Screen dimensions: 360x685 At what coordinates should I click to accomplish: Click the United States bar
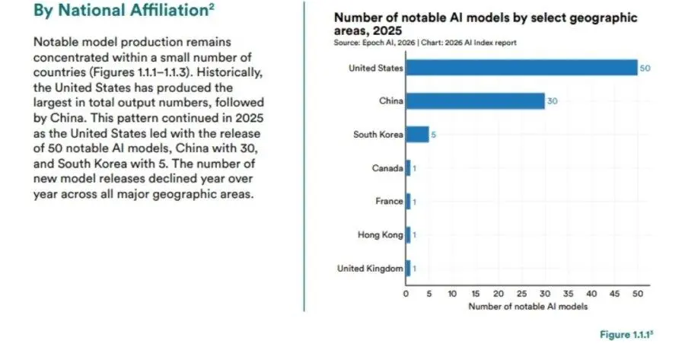pyautogui.click(x=521, y=68)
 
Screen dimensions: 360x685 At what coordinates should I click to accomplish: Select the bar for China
pyautogui.click(x=475, y=101)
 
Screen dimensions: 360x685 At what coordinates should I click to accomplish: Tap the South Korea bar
pyautogui.click(x=417, y=135)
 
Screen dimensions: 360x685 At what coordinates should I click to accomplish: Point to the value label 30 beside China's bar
pyautogui.click(x=553, y=101)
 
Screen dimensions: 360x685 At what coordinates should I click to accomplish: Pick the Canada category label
pyautogui.click(x=387, y=168)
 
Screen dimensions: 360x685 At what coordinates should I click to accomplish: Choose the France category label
pyautogui.click(x=388, y=202)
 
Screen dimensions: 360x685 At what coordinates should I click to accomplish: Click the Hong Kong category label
pyautogui.click(x=381, y=235)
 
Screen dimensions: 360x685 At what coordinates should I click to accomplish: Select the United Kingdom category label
pyautogui.click(x=371, y=269)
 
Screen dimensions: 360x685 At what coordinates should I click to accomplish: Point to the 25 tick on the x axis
pyautogui.click(x=522, y=294)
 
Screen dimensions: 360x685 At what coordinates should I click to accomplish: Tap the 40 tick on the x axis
pyautogui.click(x=591, y=294)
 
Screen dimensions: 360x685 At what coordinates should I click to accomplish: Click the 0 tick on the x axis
pyautogui.click(x=406, y=294)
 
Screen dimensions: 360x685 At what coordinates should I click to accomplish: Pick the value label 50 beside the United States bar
pyautogui.click(x=645, y=68)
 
